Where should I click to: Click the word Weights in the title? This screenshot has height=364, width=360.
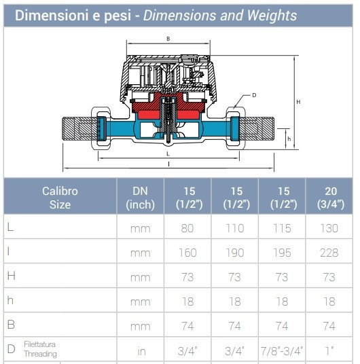pos(272,16)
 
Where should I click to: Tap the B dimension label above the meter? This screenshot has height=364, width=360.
pos(168,39)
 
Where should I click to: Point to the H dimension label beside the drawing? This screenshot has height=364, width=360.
pos(298,102)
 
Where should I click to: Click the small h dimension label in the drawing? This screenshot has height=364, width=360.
pos(289,139)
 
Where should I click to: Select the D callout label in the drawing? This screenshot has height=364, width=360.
pos(254,95)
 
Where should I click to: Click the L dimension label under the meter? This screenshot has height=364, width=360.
pos(168,153)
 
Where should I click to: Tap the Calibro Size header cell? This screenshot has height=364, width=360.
pos(60,198)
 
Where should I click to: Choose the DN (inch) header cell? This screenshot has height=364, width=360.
pos(141,198)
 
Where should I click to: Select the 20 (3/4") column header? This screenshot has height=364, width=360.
pos(331,198)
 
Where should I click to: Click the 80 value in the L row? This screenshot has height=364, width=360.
pos(187,228)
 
